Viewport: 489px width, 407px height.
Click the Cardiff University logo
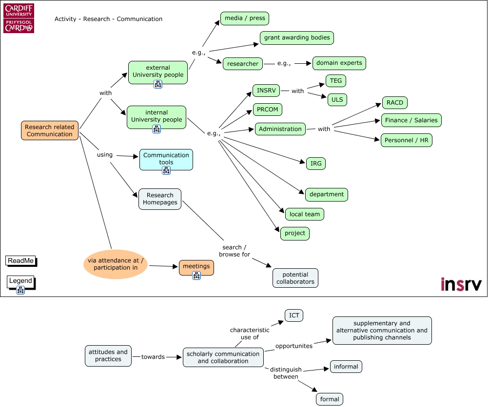(x=19, y=18)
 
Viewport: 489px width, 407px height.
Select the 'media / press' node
(x=245, y=18)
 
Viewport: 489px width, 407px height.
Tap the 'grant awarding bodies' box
(x=297, y=37)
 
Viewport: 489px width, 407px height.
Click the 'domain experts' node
(x=339, y=63)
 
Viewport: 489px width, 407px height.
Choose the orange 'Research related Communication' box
(x=50, y=131)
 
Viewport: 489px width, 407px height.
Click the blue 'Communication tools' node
(x=166, y=159)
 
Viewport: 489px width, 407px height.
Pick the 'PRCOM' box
(x=268, y=110)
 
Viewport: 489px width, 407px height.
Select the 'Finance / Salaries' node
(x=411, y=120)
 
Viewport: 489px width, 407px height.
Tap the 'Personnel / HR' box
(x=406, y=140)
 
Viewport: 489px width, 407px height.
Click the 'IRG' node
(x=316, y=164)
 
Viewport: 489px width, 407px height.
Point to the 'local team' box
(x=304, y=214)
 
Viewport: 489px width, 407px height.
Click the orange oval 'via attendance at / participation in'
(x=116, y=264)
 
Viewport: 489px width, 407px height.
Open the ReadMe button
(x=21, y=261)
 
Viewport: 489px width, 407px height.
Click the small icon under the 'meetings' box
(x=196, y=276)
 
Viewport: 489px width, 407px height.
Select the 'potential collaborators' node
(x=295, y=278)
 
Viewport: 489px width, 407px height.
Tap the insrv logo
(x=461, y=284)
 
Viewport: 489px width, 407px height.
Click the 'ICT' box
(x=294, y=315)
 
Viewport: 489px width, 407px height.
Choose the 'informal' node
(x=346, y=367)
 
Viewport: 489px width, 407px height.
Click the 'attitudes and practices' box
(x=108, y=355)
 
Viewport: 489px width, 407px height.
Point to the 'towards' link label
(x=153, y=357)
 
